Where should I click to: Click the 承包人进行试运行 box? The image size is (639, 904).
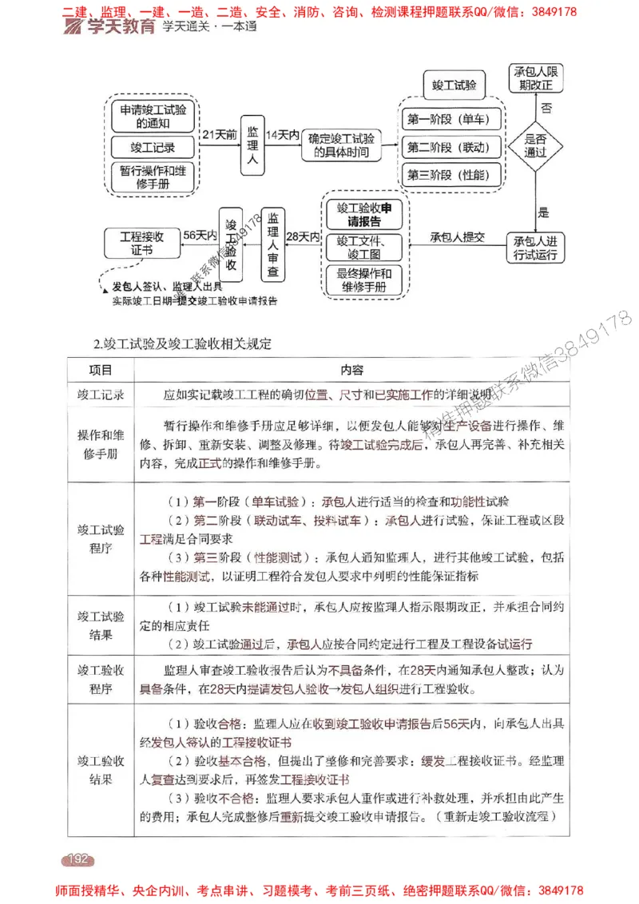pos(535,248)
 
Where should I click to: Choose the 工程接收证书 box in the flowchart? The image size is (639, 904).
pos(141,242)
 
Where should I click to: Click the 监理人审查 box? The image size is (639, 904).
pos(273,244)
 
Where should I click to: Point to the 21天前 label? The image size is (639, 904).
pos(220,135)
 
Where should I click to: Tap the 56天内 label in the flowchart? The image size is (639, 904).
pos(200,236)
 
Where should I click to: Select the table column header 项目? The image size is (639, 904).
pos(101,370)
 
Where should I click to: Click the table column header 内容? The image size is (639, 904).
pos(351,370)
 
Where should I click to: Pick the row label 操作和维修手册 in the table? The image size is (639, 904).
pos(101,444)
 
